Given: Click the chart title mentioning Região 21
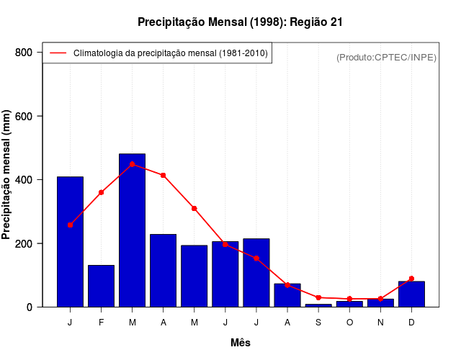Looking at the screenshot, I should (x=240, y=22).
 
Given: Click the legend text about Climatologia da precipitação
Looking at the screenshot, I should (x=170, y=53).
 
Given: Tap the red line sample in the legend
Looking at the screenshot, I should (x=58, y=53).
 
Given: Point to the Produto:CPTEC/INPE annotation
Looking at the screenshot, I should (x=386, y=57).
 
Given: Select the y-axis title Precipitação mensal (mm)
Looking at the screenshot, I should (x=6, y=175).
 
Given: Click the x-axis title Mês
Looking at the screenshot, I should (x=241, y=343).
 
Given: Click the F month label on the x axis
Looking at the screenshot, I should (x=101, y=322).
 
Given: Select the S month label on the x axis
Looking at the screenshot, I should (x=318, y=322).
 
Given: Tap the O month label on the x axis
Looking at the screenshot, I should (x=349, y=322).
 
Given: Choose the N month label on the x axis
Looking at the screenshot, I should (x=380, y=322).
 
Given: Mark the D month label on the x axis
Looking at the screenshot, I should (x=411, y=322).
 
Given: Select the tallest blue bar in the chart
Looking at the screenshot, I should (x=132, y=230).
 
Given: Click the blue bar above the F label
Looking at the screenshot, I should (x=101, y=286).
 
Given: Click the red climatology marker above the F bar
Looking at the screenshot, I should (x=101, y=192).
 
